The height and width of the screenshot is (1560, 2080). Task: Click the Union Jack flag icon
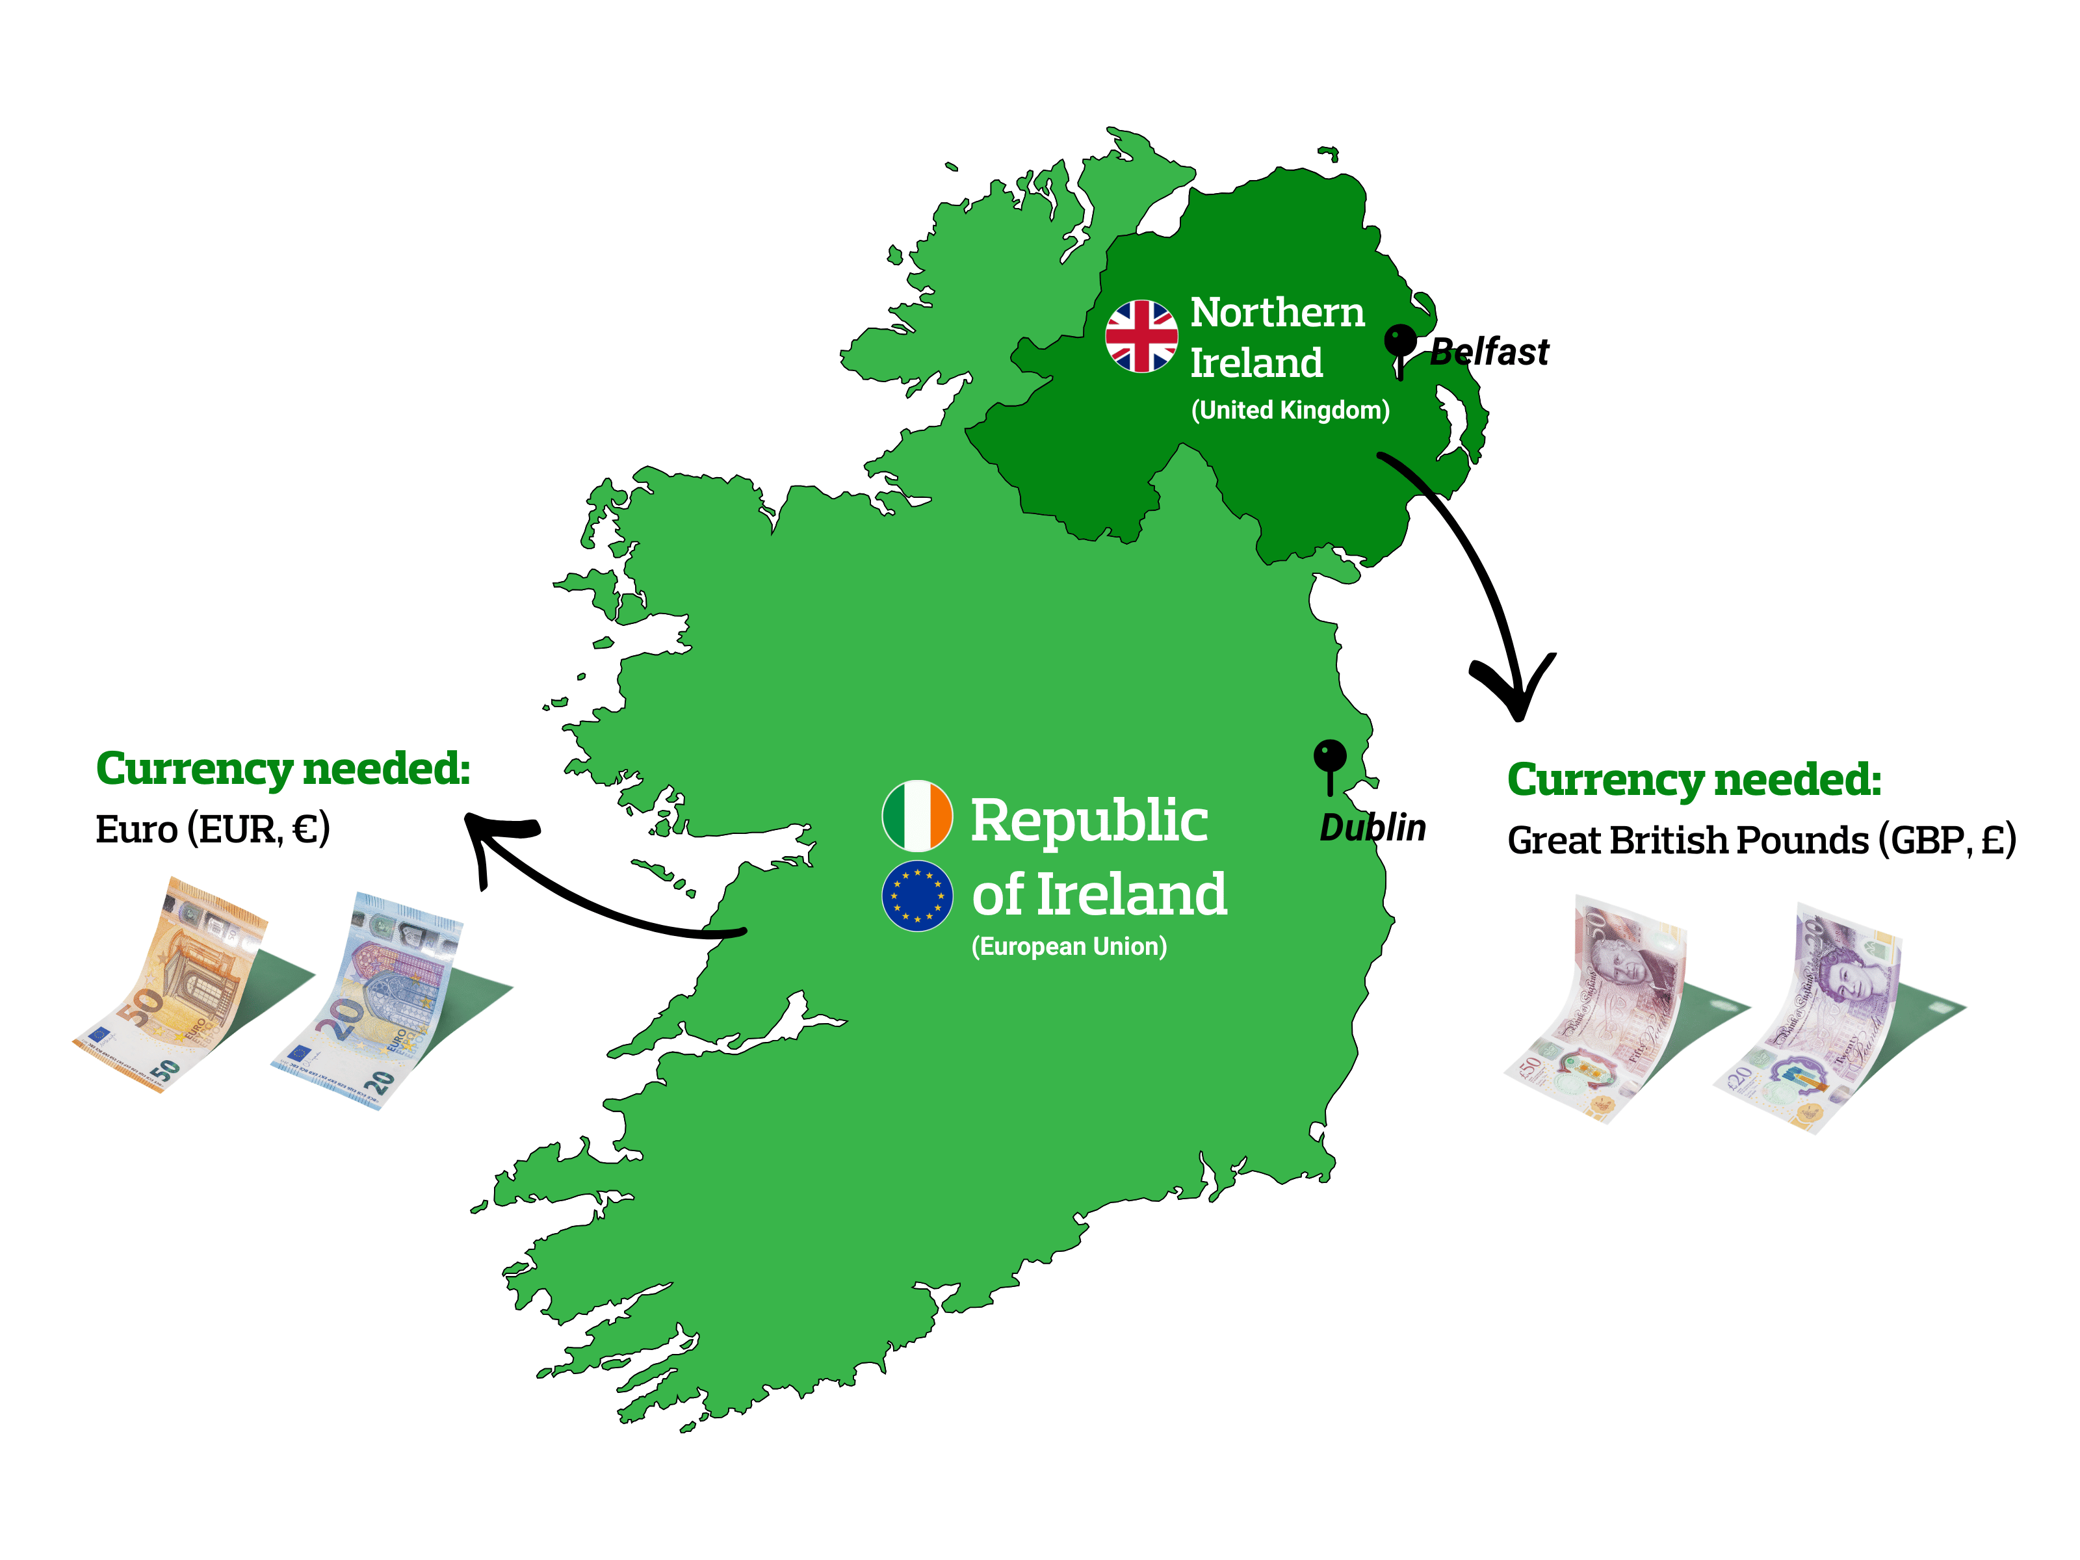coord(1141,335)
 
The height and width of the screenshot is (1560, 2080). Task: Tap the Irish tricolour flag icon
coord(916,815)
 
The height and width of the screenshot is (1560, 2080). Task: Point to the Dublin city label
coord(1372,827)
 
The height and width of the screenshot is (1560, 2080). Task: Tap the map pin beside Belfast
coord(1400,345)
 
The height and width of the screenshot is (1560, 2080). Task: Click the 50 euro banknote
coord(179,987)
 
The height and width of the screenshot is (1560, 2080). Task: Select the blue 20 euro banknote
coord(376,1002)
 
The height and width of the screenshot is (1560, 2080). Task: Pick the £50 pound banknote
coord(1598,1011)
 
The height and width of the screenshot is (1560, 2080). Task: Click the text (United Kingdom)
coord(1290,410)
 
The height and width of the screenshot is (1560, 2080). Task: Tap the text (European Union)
coord(1069,946)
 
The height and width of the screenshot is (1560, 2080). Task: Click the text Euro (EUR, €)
coord(213,829)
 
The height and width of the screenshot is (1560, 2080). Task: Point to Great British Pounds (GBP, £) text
coord(1761,840)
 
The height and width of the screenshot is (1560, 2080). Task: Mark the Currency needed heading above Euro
coord(282,769)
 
